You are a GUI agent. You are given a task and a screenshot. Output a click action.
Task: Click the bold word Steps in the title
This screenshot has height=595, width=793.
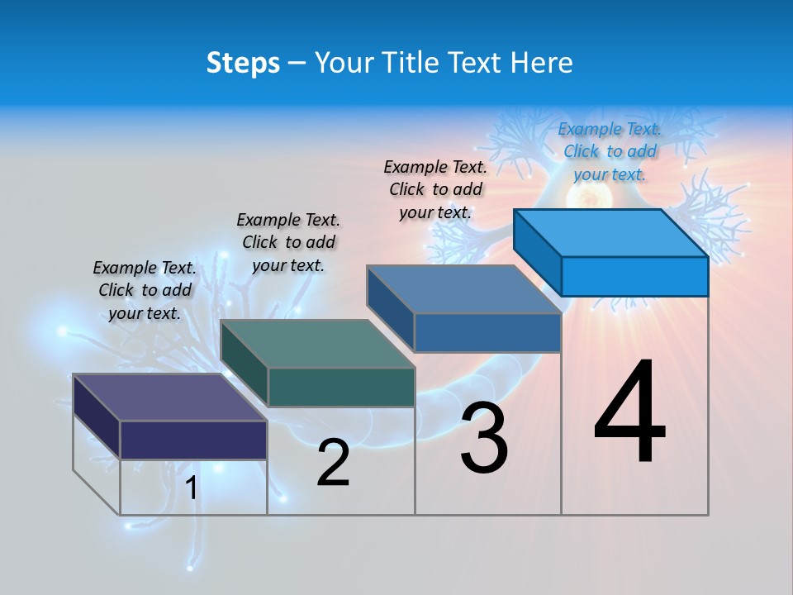[243, 63]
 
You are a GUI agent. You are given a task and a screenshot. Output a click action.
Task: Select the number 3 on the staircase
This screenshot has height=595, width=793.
[484, 438]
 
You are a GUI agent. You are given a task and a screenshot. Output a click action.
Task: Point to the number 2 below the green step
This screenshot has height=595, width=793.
[334, 463]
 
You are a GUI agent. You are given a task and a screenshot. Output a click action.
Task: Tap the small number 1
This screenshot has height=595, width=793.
[191, 488]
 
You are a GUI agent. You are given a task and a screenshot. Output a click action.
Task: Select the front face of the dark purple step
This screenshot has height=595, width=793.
[193, 440]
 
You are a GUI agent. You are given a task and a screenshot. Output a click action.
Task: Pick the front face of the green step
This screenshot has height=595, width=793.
[341, 387]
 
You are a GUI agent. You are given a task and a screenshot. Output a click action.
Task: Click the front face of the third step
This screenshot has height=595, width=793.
[487, 332]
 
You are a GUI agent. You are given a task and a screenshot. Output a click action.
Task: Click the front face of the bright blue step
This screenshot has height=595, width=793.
[634, 276]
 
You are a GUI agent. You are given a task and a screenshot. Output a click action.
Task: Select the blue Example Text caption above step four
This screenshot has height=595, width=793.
[610, 151]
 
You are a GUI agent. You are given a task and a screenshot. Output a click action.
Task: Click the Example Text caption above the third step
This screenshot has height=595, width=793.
[436, 189]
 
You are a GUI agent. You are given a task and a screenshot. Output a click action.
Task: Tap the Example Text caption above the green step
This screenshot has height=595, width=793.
[288, 242]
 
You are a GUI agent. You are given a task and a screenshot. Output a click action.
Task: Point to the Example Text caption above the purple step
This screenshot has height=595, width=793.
[145, 290]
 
